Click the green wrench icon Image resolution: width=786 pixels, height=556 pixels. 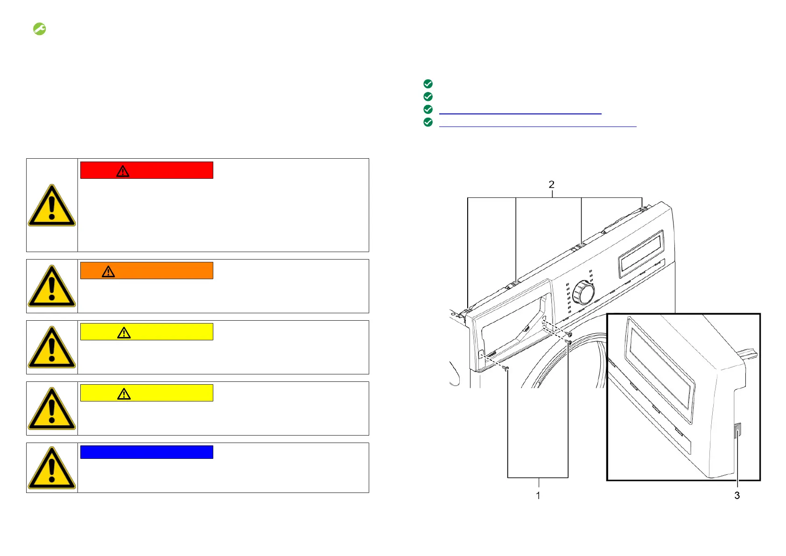click(39, 29)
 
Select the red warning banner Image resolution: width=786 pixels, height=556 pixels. click(147, 170)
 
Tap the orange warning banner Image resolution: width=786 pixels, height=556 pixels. click(147, 271)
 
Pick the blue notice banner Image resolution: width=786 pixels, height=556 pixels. click(147, 452)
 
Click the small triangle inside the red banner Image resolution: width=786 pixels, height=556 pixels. click(123, 171)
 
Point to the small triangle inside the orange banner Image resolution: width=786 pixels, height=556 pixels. click(108, 272)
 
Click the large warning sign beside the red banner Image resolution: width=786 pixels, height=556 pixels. click(52, 205)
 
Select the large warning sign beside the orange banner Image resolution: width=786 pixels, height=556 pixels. click(52, 286)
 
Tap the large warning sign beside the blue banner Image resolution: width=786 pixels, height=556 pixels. click(52, 468)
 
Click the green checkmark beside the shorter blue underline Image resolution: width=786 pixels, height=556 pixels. click(428, 110)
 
